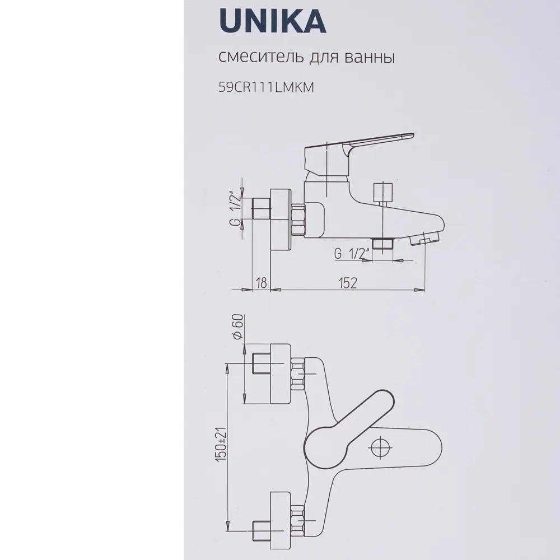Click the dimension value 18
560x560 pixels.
(260, 283)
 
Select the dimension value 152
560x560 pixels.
(347, 283)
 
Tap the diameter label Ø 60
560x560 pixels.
(236, 328)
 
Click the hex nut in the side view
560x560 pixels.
(298, 219)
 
